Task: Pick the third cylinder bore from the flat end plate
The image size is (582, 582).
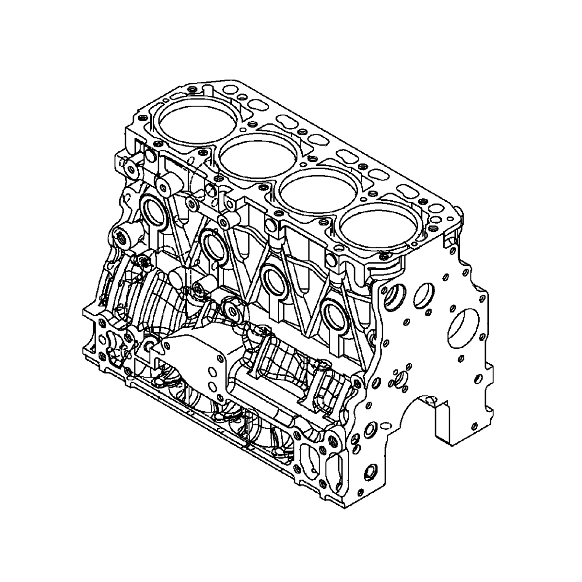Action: click(258, 156)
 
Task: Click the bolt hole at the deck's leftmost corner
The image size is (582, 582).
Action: click(142, 118)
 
